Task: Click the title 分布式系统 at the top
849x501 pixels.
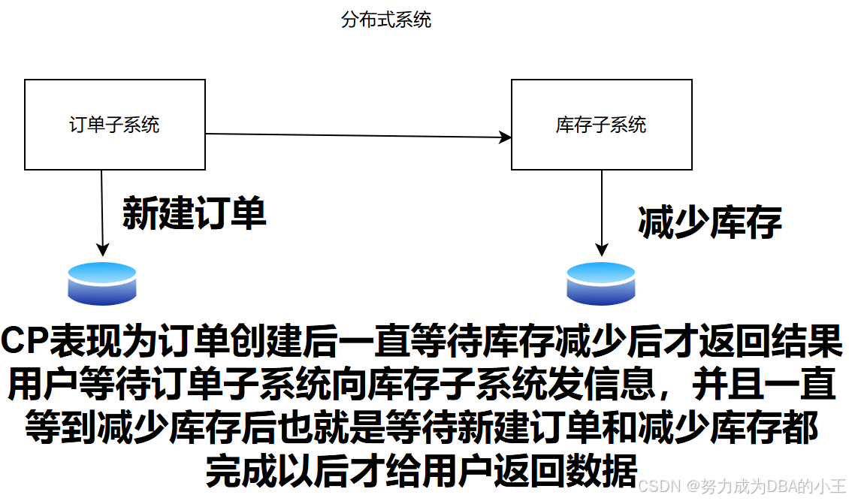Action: (x=386, y=20)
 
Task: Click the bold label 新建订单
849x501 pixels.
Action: (x=194, y=214)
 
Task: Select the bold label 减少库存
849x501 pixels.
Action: (x=710, y=222)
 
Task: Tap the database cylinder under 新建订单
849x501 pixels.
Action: (x=102, y=283)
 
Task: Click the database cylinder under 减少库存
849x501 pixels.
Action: (x=601, y=283)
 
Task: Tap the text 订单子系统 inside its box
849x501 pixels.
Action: (x=115, y=125)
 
